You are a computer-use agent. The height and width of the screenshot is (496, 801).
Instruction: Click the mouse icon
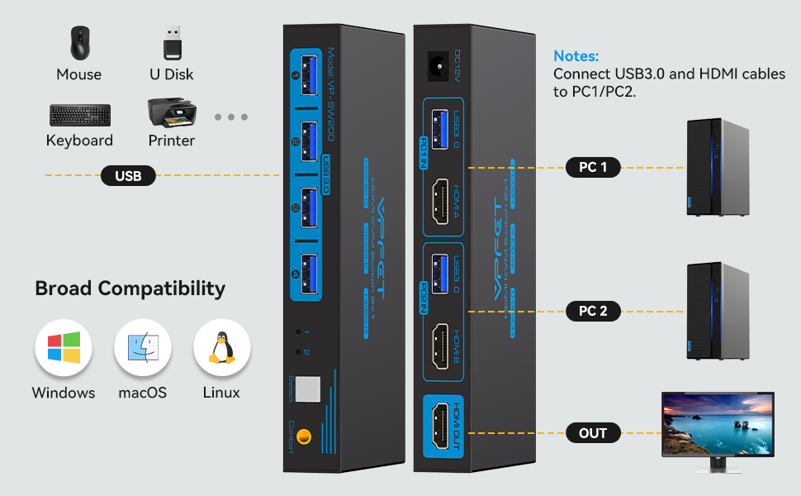79,43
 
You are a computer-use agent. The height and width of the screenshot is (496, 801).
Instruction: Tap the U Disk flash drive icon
172,43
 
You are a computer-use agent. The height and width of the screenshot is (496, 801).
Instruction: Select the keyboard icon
79,115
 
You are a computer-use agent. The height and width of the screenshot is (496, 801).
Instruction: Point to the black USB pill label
128,175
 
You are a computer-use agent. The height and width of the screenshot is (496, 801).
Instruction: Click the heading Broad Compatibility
130,289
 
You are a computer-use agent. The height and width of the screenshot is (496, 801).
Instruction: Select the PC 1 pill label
593,167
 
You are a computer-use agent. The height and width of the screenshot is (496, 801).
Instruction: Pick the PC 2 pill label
593,311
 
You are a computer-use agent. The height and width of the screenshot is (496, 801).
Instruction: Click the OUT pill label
593,432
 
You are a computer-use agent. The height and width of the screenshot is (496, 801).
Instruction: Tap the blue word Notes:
576,56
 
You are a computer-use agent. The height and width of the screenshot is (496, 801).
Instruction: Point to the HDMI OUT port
443,428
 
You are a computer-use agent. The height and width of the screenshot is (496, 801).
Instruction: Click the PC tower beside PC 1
717,167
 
